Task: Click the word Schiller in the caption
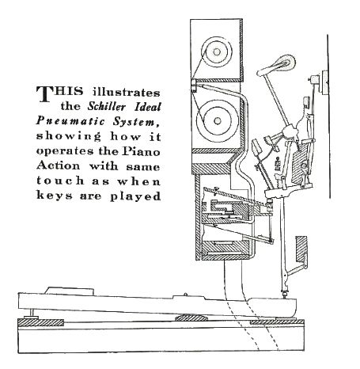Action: tap(107, 107)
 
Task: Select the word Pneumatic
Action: tap(70, 121)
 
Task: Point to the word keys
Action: tap(54, 196)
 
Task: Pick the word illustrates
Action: tap(126, 92)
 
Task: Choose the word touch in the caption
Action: tap(60, 181)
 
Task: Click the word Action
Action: tap(58, 166)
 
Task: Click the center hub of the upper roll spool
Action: tap(217, 51)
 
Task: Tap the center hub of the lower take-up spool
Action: tap(218, 121)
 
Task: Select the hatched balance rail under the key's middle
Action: tap(190, 318)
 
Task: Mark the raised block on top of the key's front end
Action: tap(70, 290)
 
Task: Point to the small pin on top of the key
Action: tap(185, 294)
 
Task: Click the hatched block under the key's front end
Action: tap(40, 322)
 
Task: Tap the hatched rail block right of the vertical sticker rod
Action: tap(301, 249)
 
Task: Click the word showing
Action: tap(69, 136)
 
